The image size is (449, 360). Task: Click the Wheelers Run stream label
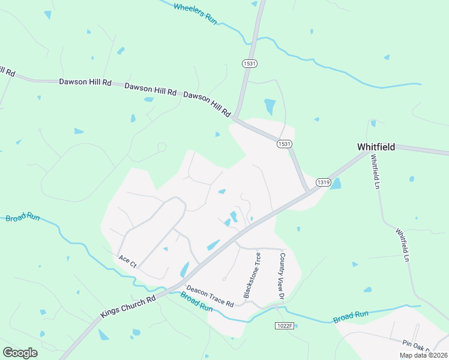(x=194, y=13)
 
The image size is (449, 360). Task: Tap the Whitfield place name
(x=376, y=146)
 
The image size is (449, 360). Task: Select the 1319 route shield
(x=323, y=182)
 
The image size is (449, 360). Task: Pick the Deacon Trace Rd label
(x=209, y=296)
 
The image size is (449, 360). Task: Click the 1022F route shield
(x=285, y=325)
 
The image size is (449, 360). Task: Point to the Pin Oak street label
(x=416, y=344)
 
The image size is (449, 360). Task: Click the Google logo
(x=20, y=353)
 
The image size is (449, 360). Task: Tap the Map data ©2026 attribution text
(x=423, y=355)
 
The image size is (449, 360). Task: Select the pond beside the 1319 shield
(x=336, y=184)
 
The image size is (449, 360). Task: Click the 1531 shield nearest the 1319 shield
(x=285, y=145)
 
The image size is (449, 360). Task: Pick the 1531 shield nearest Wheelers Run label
(x=250, y=63)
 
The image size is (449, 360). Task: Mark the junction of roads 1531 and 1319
(x=309, y=192)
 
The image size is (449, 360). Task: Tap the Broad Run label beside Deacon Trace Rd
(x=197, y=301)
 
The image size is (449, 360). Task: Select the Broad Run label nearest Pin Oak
(x=351, y=316)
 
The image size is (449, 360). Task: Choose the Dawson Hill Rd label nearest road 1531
(x=207, y=104)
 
